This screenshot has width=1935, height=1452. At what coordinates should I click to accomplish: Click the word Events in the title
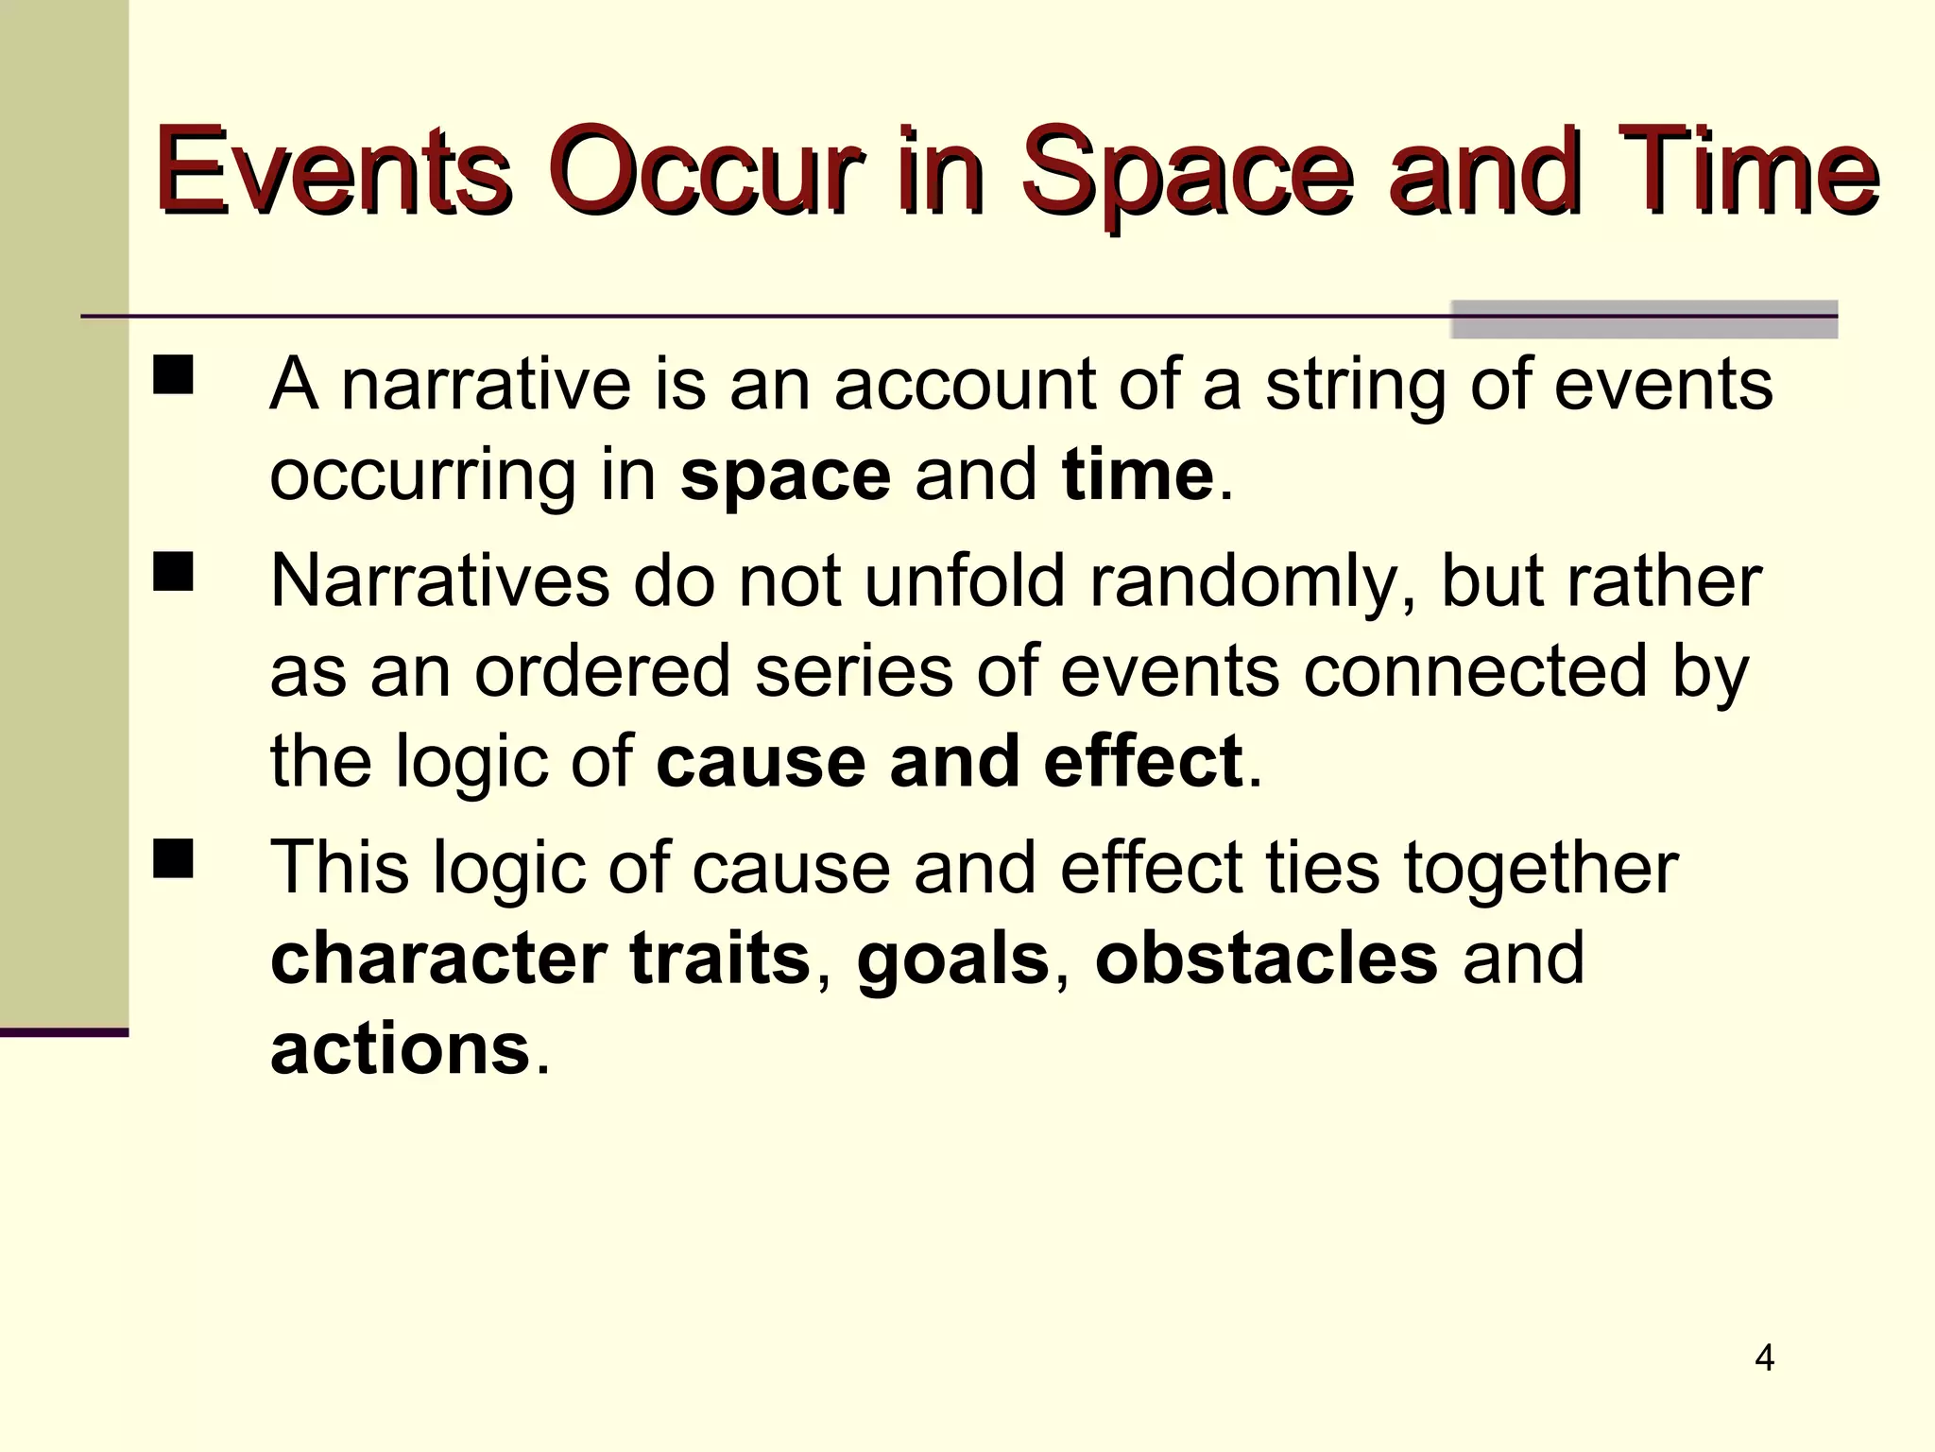point(333,173)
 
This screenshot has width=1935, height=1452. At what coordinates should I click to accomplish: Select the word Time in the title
point(1746,173)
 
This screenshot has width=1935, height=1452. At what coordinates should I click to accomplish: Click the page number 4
point(1764,1358)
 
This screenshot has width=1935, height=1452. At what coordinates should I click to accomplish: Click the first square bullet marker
point(173,374)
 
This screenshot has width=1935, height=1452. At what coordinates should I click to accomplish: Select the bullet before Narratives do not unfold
point(173,572)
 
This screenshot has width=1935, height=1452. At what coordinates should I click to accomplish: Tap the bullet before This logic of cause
point(173,858)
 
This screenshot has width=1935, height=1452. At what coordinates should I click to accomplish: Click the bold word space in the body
point(784,475)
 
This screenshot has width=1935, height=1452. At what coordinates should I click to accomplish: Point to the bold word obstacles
point(1266,959)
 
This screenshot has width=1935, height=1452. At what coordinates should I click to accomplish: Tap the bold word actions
point(400,1049)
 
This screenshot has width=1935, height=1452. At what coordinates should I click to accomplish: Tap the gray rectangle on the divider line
point(1643,320)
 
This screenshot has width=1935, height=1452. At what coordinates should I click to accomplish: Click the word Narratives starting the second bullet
point(439,580)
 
